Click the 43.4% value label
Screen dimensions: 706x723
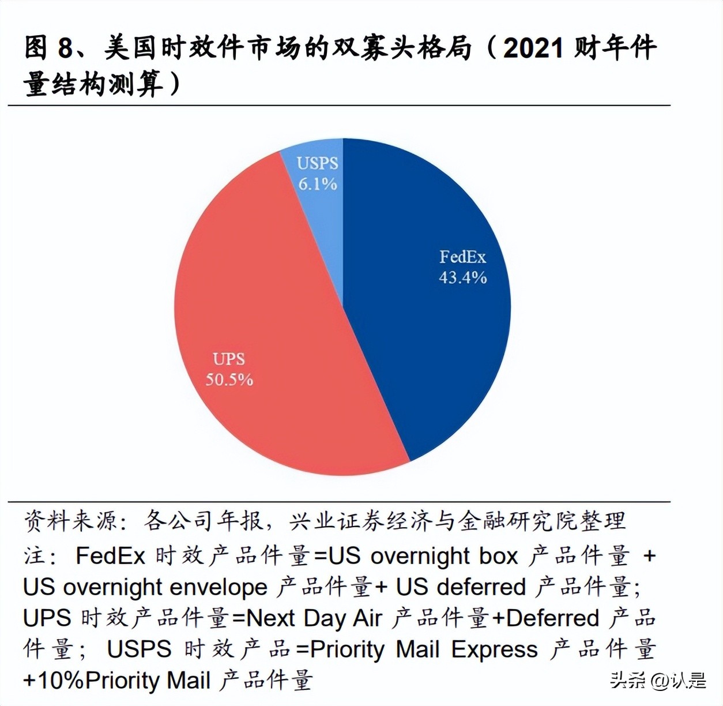click(462, 277)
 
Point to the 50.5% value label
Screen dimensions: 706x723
click(229, 380)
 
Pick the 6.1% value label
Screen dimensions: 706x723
click(318, 184)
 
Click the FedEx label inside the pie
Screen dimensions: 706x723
click(462, 257)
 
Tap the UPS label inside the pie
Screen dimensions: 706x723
click(229, 359)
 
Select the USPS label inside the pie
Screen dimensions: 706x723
click(318, 163)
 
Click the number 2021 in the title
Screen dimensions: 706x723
click(533, 48)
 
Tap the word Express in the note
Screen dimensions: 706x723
click(494, 649)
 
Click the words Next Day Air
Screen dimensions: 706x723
click(314, 618)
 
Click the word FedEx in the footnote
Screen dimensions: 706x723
click(110, 556)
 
